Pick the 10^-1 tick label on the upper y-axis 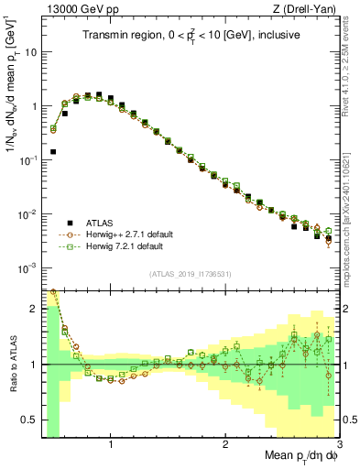pos(27,160)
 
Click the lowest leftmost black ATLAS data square pos(53,151)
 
